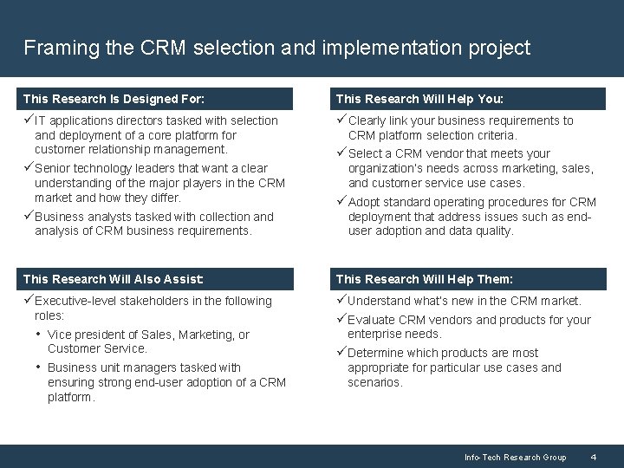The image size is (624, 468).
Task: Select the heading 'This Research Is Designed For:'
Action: pyautogui.click(x=114, y=99)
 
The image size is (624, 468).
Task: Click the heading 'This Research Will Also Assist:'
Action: pyautogui.click(x=114, y=279)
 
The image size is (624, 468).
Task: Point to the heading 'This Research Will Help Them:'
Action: pyautogui.click(x=424, y=279)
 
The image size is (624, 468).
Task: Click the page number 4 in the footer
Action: pyautogui.click(x=593, y=457)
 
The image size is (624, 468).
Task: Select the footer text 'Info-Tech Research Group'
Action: pyautogui.click(x=515, y=457)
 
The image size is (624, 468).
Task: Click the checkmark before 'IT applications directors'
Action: pyautogui.click(x=29, y=120)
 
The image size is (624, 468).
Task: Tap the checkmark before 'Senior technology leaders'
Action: pyautogui.click(x=29, y=168)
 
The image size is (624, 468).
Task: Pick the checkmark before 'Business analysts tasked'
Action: pyautogui.click(x=29, y=217)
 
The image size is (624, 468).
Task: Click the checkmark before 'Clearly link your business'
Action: pyautogui.click(x=341, y=120)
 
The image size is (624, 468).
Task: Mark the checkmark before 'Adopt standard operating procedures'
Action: pyautogui.click(x=341, y=202)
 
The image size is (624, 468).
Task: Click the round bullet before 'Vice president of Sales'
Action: pyautogui.click(x=38, y=334)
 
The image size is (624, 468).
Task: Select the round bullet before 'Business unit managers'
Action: pyautogui.click(x=38, y=367)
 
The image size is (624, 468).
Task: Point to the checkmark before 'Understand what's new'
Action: pyautogui.click(x=341, y=301)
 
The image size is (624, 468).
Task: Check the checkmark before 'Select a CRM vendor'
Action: pyautogui.click(x=341, y=153)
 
